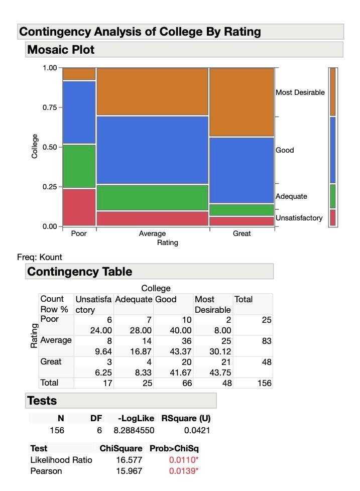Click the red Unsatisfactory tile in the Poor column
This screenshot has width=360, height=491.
click(79, 207)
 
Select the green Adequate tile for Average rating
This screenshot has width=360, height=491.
click(152, 197)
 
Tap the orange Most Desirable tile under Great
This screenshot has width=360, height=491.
click(242, 102)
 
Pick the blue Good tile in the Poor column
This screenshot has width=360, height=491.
click(79, 112)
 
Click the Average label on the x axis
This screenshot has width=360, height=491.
click(152, 233)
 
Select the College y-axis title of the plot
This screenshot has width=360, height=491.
click(35, 147)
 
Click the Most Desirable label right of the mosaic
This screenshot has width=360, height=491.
click(300, 92)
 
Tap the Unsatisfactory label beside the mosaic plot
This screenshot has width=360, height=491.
click(299, 218)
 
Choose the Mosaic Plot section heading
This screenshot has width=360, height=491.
click(61, 50)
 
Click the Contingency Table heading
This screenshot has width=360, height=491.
click(79, 272)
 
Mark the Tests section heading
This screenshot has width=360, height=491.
click(42, 401)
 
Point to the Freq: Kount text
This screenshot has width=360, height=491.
click(40, 257)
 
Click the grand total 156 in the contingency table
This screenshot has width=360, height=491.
click(264, 383)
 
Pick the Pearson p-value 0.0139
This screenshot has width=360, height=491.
click(183, 471)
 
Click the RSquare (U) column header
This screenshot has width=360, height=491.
click(185, 418)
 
